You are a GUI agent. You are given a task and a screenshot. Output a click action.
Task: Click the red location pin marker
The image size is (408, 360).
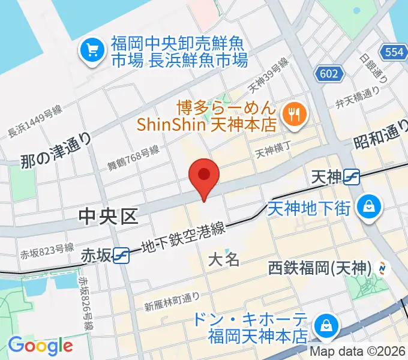[x=204, y=175]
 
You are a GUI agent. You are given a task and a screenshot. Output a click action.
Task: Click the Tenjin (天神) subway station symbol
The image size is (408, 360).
[x=352, y=176]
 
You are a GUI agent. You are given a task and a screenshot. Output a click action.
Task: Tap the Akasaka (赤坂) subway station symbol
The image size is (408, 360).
[x=122, y=255]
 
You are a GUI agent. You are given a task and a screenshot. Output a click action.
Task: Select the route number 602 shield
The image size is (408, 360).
[x=329, y=74]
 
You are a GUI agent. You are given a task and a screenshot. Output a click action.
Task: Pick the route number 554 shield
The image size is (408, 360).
[x=394, y=52]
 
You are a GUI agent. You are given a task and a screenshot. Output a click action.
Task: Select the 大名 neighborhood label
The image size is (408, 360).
[x=224, y=260]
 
